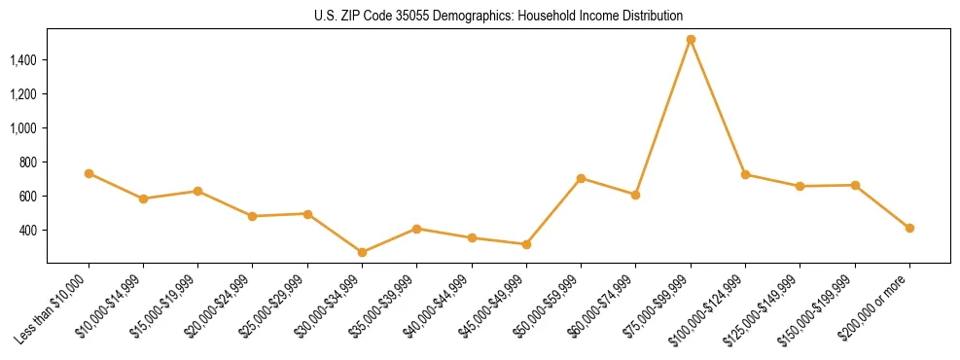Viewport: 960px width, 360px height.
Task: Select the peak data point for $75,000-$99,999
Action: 691,40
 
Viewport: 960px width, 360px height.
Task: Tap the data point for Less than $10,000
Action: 89,173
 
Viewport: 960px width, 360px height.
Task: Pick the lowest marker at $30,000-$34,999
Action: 362,252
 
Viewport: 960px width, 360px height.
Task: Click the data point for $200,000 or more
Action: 909,228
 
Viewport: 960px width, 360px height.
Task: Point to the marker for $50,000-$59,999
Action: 581,178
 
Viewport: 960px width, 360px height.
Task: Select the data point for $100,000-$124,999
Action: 745,174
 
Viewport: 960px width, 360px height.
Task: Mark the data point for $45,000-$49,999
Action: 526,244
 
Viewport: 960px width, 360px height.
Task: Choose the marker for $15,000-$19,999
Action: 197,191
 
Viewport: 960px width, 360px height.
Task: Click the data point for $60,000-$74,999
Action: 635,195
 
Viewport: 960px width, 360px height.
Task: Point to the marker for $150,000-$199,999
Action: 855,185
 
